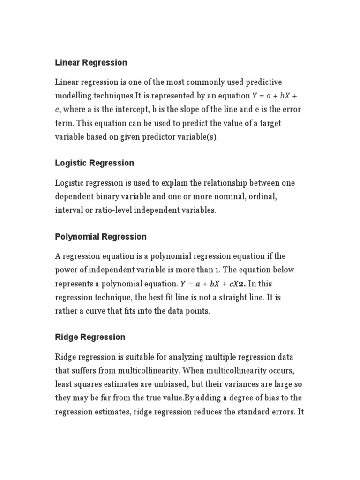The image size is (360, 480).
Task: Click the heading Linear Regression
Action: point(91,62)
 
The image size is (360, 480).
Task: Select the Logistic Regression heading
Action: point(94,163)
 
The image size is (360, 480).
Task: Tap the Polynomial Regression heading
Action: point(101,237)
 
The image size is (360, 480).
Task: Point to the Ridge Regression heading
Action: point(90,337)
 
